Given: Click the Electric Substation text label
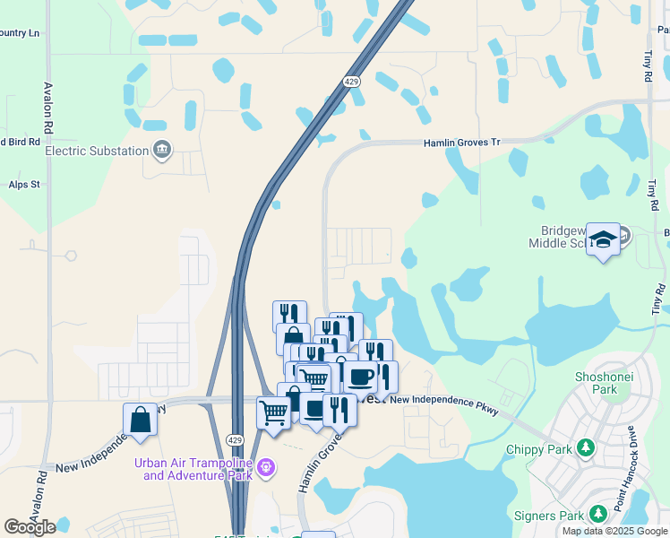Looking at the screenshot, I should coord(96,151).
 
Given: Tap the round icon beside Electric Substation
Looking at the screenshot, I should coord(162,150).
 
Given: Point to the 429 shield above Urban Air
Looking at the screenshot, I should coord(235,440).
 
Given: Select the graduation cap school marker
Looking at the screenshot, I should coord(604,239).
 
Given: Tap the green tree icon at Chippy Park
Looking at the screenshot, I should coord(586,447).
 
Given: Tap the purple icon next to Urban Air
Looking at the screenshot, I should coord(265,467).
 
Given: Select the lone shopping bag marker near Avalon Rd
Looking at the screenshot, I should coord(141,419).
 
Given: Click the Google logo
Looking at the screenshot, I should coord(30,527).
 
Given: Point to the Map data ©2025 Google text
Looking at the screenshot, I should coord(615,531).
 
